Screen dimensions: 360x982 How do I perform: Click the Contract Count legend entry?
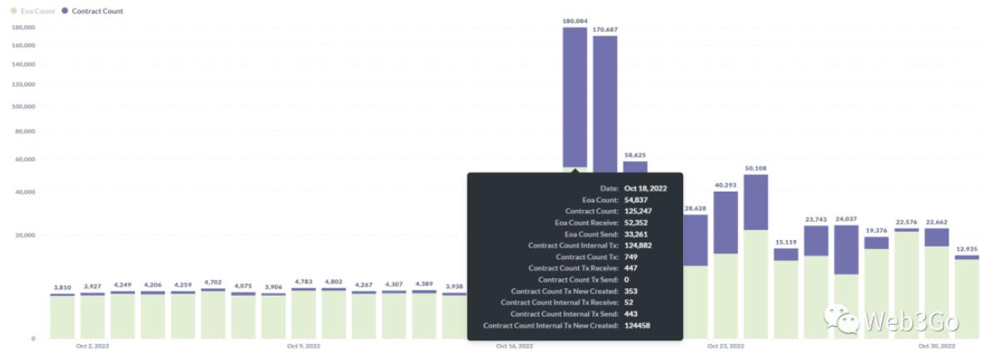point(97,11)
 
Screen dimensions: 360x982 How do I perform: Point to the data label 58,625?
point(635,154)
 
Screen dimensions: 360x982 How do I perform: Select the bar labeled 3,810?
point(62,317)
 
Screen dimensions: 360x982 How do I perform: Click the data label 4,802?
point(333,282)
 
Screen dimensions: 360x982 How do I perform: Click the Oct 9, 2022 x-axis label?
point(303,345)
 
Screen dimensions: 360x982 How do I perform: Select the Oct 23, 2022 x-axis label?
point(725,345)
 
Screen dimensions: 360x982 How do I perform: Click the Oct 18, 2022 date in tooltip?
point(646,188)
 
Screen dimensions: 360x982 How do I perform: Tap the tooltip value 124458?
point(637,325)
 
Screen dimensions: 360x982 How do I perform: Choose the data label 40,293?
point(725,185)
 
